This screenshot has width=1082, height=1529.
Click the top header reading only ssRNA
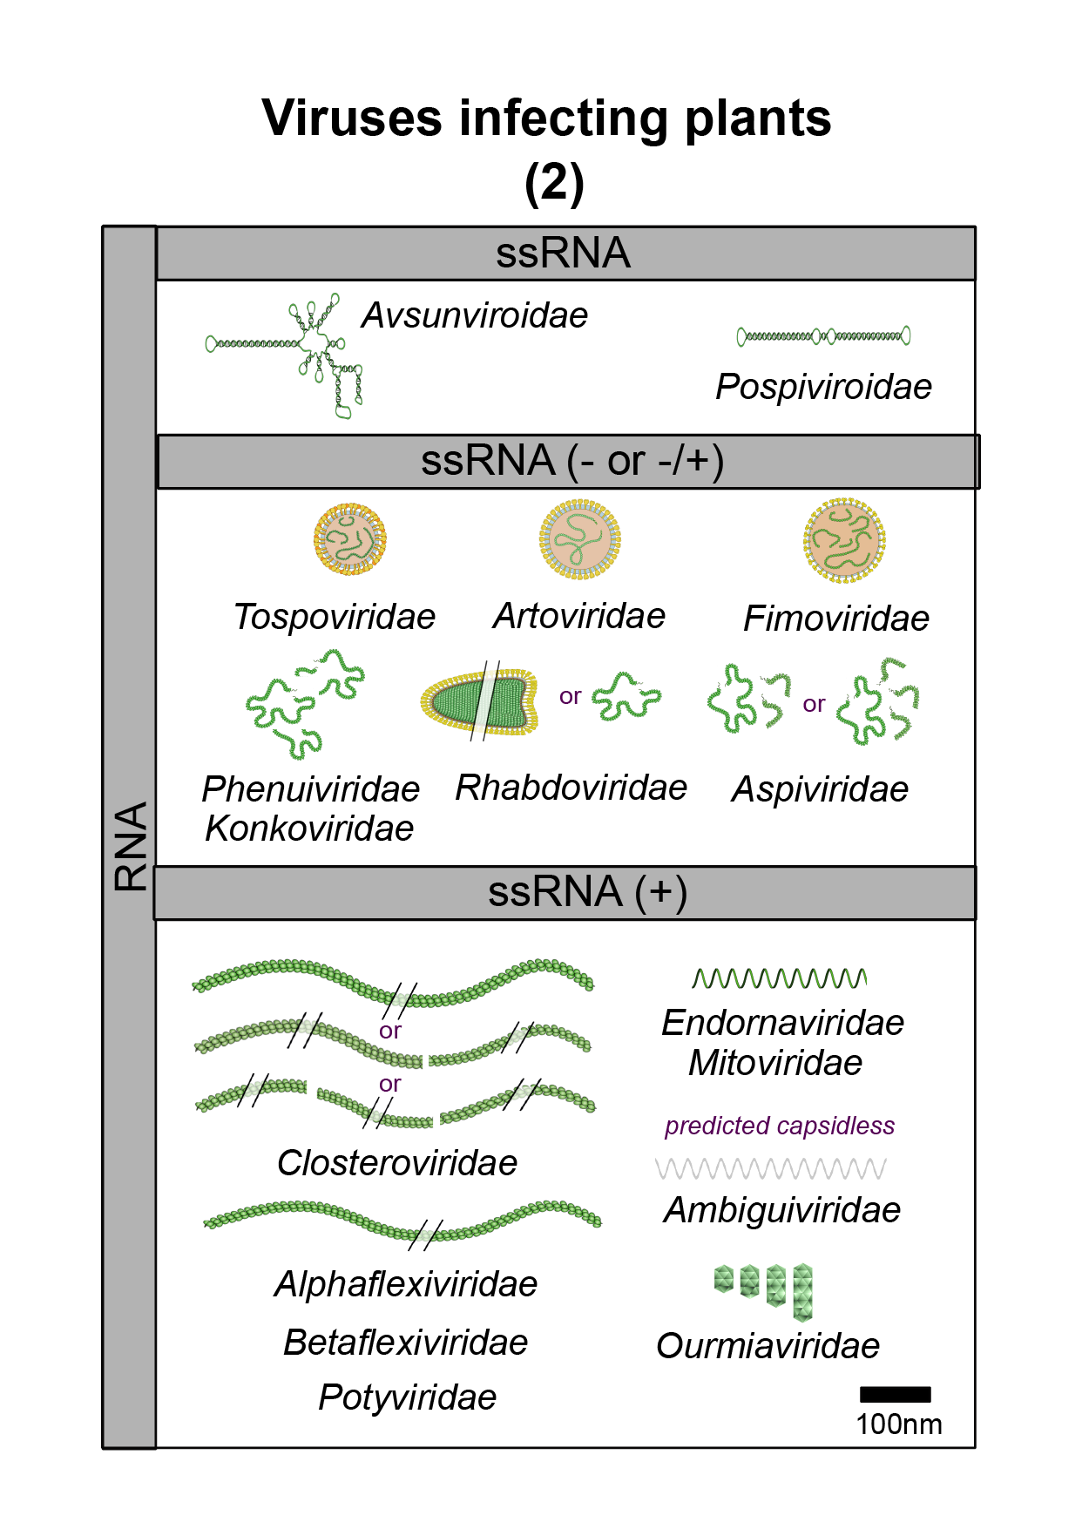(x=563, y=254)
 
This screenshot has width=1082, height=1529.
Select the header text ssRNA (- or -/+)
(x=571, y=461)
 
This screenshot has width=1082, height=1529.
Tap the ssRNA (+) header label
(x=587, y=892)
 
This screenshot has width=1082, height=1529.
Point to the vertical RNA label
(x=131, y=846)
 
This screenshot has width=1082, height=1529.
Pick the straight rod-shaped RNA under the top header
(x=824, y=336)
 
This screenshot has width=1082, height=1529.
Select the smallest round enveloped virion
(x=350, y=539)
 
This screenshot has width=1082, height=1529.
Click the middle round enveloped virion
(x=581, y=540)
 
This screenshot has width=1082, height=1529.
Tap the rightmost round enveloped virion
(x=845, y=540)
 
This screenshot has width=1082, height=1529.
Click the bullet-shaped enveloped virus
(x=478, y=700)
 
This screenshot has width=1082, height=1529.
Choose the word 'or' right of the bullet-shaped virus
(x=570, y=697)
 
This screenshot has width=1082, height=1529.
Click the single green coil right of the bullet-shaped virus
(x=626, y=696)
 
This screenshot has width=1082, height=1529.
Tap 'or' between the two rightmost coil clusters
(x=813, y=704)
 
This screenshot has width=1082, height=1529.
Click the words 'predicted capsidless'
(x=780, y=1126)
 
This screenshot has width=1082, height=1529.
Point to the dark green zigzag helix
(x=779, y=978)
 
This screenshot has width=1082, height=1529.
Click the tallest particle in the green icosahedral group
(x=802, y=1293)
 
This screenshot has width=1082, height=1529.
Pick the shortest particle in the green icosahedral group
(x=723, y=1280)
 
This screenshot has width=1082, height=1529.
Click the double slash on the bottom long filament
(x=425, y=1235)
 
